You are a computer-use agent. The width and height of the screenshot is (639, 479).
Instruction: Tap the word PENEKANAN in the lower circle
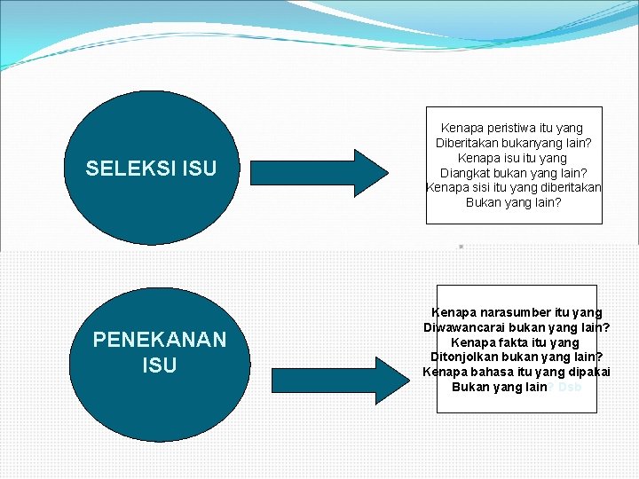pos(160,340)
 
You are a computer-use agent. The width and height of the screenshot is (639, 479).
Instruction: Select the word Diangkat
pos(469,173)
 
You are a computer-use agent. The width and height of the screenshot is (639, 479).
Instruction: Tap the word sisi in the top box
pos(480,188)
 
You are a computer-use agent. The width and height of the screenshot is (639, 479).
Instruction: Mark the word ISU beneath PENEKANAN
pos(160,365)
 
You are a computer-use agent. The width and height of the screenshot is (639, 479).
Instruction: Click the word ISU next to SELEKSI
pos(197,169)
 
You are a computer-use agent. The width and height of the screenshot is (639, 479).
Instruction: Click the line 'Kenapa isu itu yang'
pos(514,158)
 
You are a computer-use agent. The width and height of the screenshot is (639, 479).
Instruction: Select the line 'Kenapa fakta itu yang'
pos(515,342)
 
